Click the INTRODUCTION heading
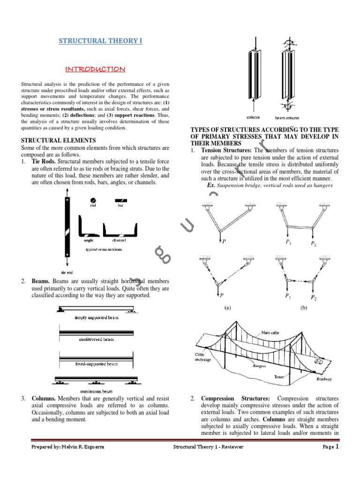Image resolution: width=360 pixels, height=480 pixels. click(x=95, y=69)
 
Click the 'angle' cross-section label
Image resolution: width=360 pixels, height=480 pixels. click(x=89, y=240)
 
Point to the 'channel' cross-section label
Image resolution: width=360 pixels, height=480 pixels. click(x=119, y=240)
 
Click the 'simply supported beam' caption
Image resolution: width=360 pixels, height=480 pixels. click(x=97, y=317)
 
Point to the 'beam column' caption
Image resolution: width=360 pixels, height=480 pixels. click(x=286, y=118)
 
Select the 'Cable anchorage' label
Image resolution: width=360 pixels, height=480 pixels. click(x=201, y=357)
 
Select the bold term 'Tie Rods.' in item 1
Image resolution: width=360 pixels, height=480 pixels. click(x=44, y=162)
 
